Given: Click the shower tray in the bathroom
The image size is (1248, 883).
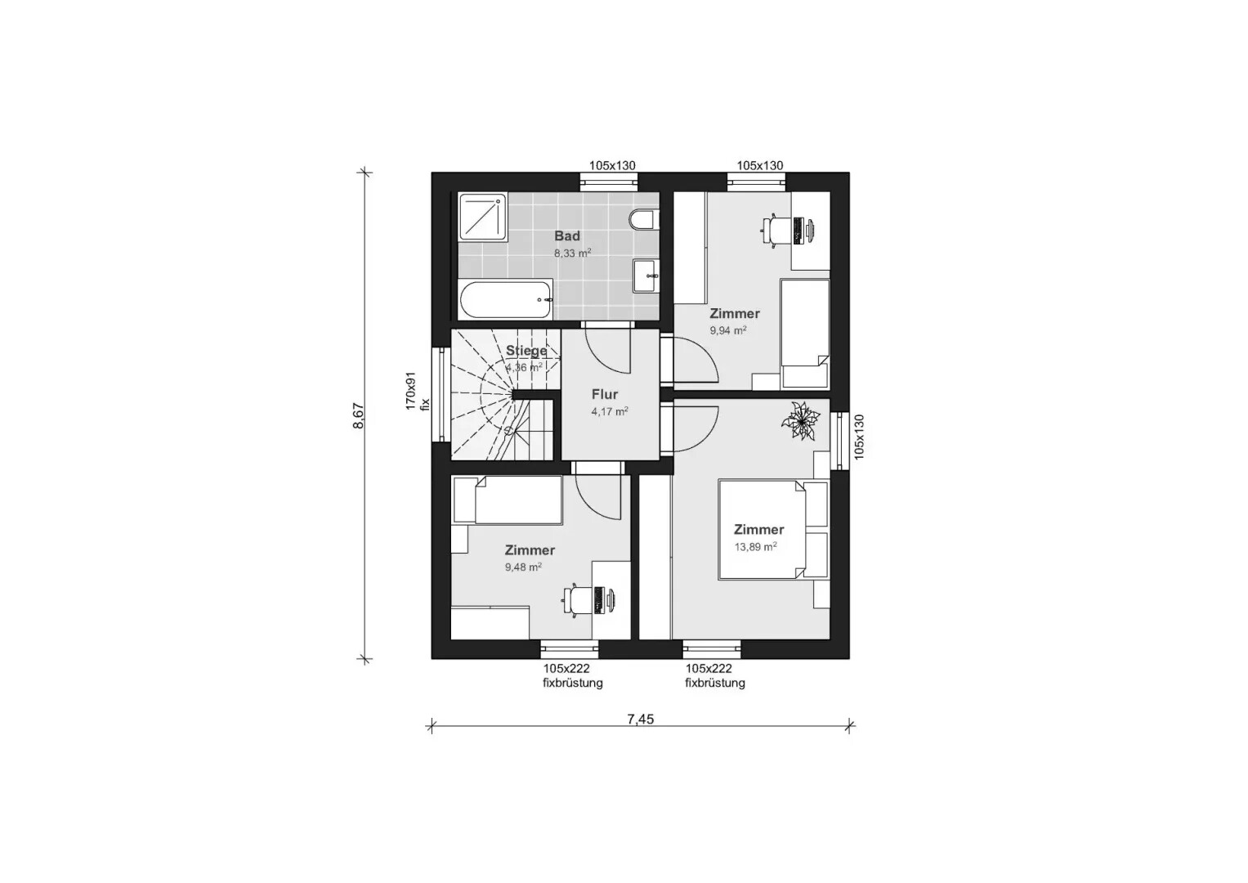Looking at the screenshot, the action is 482,217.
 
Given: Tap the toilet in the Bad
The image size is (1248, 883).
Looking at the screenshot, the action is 643,220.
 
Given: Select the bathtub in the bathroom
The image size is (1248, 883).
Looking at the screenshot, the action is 506,301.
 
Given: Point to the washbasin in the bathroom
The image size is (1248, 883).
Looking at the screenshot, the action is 646,276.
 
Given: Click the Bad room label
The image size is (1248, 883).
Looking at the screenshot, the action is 566,235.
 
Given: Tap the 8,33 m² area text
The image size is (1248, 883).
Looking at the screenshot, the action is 572,253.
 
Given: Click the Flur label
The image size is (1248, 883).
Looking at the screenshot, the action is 605,395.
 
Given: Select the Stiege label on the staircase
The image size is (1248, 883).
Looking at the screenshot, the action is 526,352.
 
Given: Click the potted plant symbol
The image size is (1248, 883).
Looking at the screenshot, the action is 801,421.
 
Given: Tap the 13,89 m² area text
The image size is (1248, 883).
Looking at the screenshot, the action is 755,547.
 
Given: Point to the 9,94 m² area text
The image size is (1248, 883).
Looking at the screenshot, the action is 727,330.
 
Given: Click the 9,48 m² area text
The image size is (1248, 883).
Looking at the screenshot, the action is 523,567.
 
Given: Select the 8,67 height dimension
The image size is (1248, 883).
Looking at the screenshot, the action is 359,416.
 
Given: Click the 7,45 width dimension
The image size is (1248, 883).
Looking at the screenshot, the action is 640,719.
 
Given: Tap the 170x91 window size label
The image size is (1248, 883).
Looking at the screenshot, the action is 410,391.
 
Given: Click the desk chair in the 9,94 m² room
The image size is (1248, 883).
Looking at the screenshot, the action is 776,230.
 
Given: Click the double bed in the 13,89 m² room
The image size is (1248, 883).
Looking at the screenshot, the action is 773,530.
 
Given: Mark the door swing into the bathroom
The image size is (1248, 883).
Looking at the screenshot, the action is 607,351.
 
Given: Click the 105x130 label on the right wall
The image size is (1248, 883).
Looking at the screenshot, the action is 858,437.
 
